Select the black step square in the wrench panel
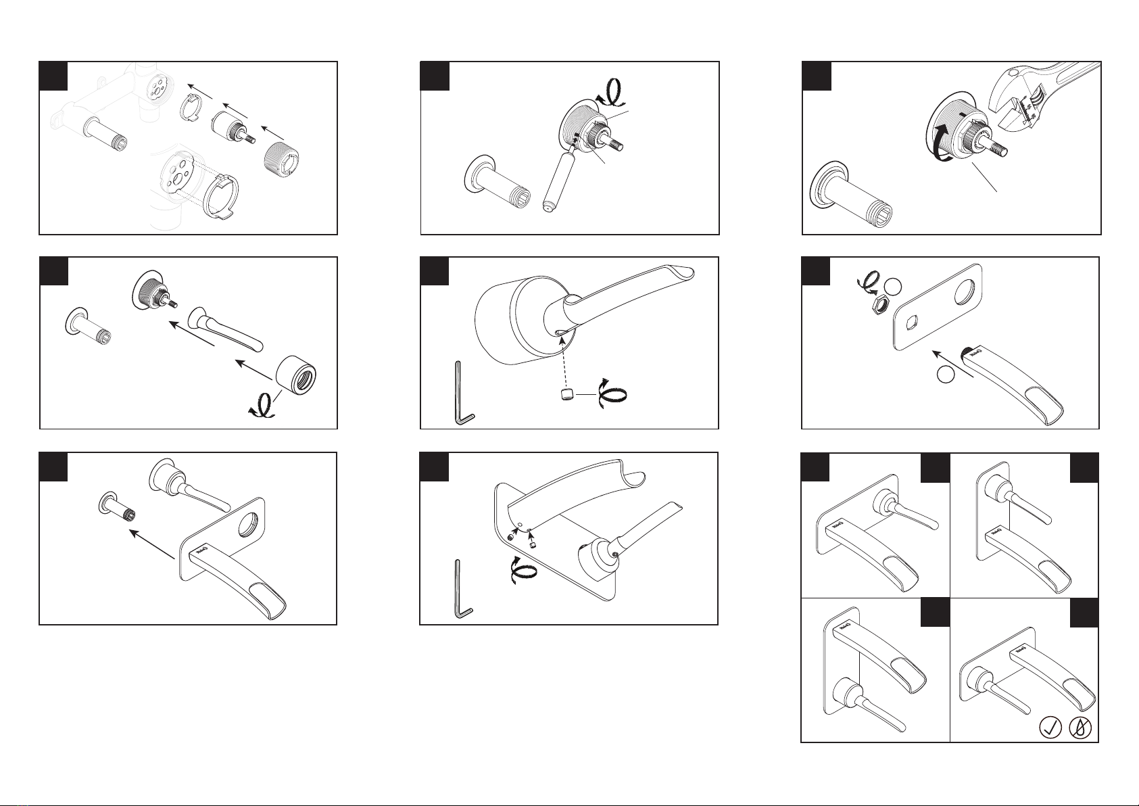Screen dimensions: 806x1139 (817, 76)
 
